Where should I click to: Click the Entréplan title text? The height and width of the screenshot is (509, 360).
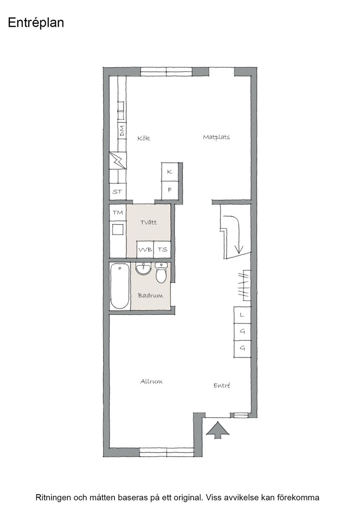(36, 23)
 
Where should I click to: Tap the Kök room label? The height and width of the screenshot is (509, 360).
(144, 138)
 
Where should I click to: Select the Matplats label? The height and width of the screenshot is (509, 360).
(216, 137)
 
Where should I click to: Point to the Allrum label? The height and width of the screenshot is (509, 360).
(151, 381)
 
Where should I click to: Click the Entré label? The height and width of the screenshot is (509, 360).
(222, 385)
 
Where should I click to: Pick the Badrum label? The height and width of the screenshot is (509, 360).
(150, 295)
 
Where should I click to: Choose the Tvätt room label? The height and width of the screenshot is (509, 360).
(149, 222)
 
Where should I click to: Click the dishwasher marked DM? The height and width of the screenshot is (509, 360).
(122, 131)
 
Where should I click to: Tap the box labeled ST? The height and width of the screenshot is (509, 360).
(118, 191)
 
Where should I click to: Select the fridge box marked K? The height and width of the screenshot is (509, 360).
(170, 171)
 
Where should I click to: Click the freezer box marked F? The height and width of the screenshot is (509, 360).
(170, 190)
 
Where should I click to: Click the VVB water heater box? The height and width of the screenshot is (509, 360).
(145, 250)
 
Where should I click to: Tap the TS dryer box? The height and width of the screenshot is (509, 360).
(162, 250)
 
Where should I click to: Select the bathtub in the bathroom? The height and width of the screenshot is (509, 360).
(120, 286)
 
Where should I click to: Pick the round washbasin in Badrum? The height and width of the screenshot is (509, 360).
(143, 269)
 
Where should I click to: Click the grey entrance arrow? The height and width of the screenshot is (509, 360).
(218, 430)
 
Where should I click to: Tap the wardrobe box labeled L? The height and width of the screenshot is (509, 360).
(242, 315)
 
